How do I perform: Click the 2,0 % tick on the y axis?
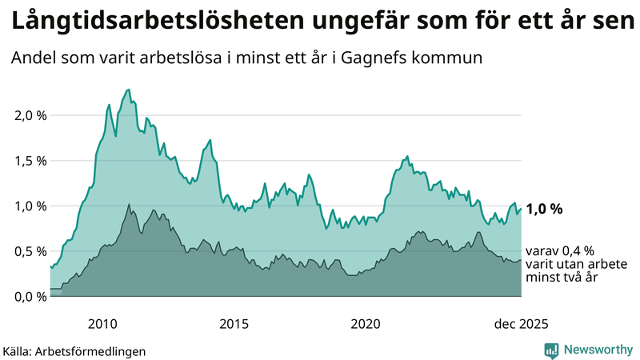tap(30, 115)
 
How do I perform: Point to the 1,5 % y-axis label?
tap(30, 161)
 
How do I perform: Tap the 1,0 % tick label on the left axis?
tap(30, 206)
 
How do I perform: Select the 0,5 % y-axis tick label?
tap(30, 251)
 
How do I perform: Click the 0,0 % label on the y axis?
tap(30, 297)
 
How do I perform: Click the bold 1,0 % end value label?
tap(544, 209)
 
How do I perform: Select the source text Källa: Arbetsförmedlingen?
tap(74, 351)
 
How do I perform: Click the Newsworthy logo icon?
tap(551, 350)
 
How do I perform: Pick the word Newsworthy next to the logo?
tap(598, 350)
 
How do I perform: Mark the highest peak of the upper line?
tap(129, 90)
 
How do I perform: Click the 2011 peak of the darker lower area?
tap(129, 204)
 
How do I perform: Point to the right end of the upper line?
tap(521, 209)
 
